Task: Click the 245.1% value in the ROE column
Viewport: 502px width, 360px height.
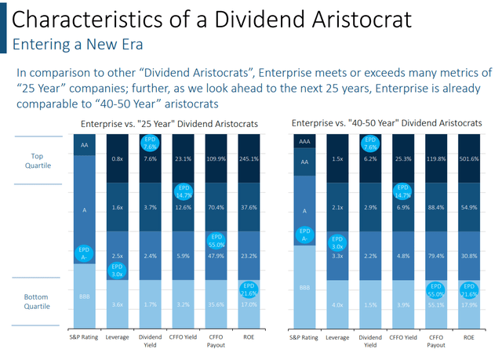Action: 249,159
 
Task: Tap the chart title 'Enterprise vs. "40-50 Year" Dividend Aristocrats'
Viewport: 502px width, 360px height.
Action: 392,124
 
